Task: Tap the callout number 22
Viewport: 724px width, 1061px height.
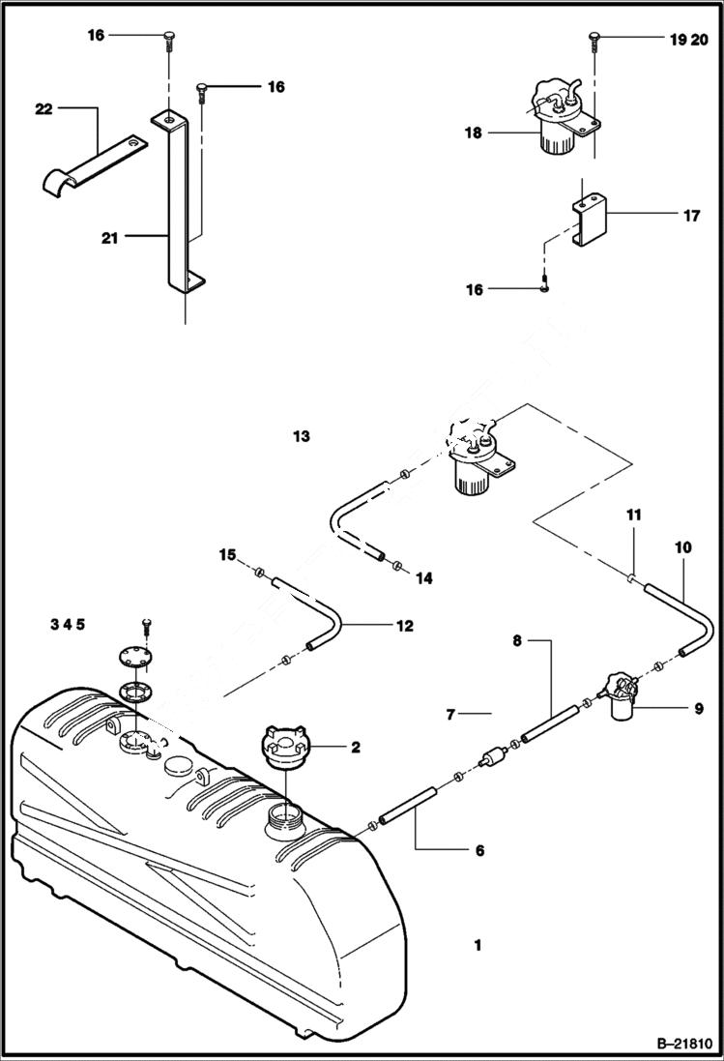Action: (x=43, y=110)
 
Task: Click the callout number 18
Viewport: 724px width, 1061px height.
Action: (x=473, y=133)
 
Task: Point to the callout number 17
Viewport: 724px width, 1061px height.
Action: (x=691, y=217)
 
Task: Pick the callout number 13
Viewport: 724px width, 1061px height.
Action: (x=302, y=437)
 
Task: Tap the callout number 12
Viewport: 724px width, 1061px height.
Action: (x=404, y=626)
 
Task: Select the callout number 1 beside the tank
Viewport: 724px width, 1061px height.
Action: (x=478, y=944)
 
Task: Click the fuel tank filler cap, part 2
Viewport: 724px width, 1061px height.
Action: (x=281, y=751)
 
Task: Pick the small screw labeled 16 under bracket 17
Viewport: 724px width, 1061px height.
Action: (x=544, y=287)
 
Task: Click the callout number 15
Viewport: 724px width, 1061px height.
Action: (x=227, y=554)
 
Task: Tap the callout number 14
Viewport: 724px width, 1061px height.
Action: (x=423, y=577)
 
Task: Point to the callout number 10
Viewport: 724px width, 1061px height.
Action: (x=682, y=547)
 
